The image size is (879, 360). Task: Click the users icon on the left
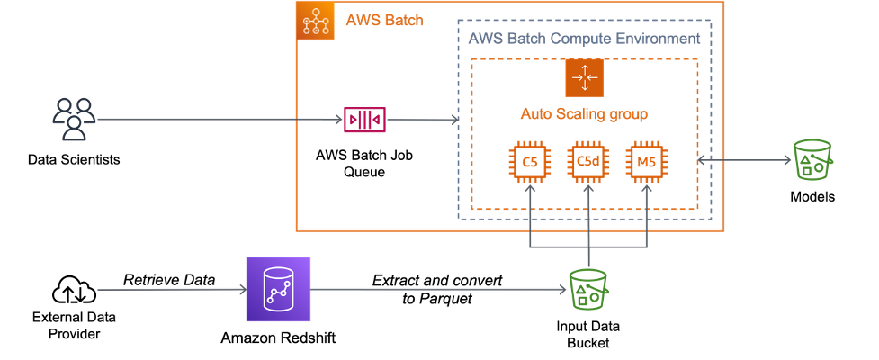(73, 119)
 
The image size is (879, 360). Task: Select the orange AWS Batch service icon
(315, 21)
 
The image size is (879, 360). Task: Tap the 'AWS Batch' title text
(384, 21)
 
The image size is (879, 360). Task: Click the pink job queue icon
(364, 119)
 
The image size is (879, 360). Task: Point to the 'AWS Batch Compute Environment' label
(583, 39)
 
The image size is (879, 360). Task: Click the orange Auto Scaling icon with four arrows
(583, 78)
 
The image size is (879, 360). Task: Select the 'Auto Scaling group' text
(584, 114)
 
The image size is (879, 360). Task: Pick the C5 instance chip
(529, 162)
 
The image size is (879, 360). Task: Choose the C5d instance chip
(587, 162)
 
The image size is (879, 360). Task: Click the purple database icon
(278, 290)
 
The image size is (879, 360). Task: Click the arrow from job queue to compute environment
(421, 119)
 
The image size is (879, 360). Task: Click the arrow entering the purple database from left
(171, 290)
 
